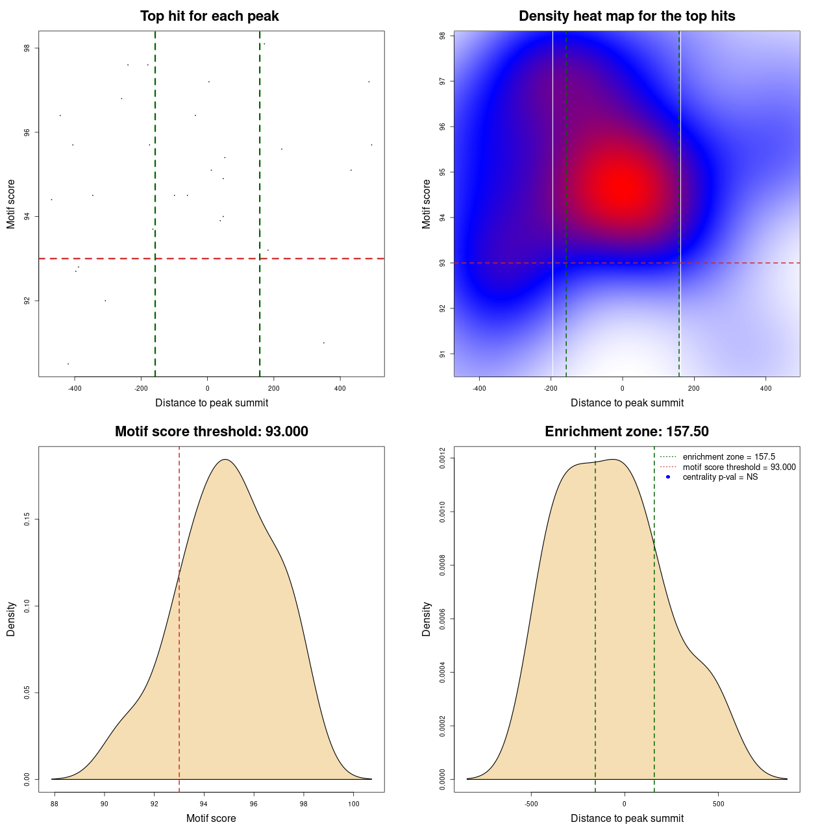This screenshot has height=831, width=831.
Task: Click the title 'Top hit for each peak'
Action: point(210,16)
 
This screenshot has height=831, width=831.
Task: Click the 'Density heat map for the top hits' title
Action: point(626,16)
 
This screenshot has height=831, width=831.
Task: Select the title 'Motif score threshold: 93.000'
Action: point(211,432)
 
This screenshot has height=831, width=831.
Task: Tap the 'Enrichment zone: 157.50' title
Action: point(626,432)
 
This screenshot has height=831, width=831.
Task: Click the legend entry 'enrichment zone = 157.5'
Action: point(728,457)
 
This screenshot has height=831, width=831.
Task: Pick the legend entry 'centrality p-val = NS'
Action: point(720,477)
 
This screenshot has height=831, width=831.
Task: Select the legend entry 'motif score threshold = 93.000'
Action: point(739,467)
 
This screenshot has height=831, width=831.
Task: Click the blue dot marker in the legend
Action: point(668,477)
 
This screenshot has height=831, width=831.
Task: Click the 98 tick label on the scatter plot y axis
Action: point(27,48)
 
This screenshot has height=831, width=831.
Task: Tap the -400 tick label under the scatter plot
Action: point(75,388)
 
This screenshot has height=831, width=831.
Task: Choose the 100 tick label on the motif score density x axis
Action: point(353,804)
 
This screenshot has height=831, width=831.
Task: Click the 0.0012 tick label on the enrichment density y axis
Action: point(442,458)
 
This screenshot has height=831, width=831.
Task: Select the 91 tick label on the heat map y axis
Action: point(442,354)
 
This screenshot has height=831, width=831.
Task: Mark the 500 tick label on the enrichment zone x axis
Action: point(718,804)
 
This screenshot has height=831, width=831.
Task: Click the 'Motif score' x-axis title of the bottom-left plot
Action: point(211,819)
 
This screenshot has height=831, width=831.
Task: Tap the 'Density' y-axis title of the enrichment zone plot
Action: point(427,619)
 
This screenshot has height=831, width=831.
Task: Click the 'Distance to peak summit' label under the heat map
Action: point(626,403)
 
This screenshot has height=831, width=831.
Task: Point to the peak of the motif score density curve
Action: point(225,460)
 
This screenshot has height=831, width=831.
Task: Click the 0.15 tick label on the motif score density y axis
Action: point(27,519)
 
